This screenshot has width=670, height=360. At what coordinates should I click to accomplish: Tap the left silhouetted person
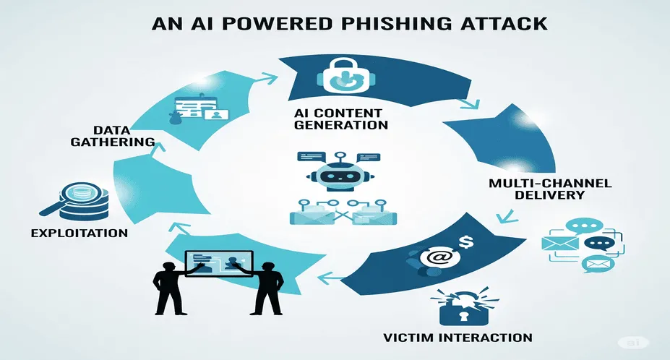click(x=170, y=287)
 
